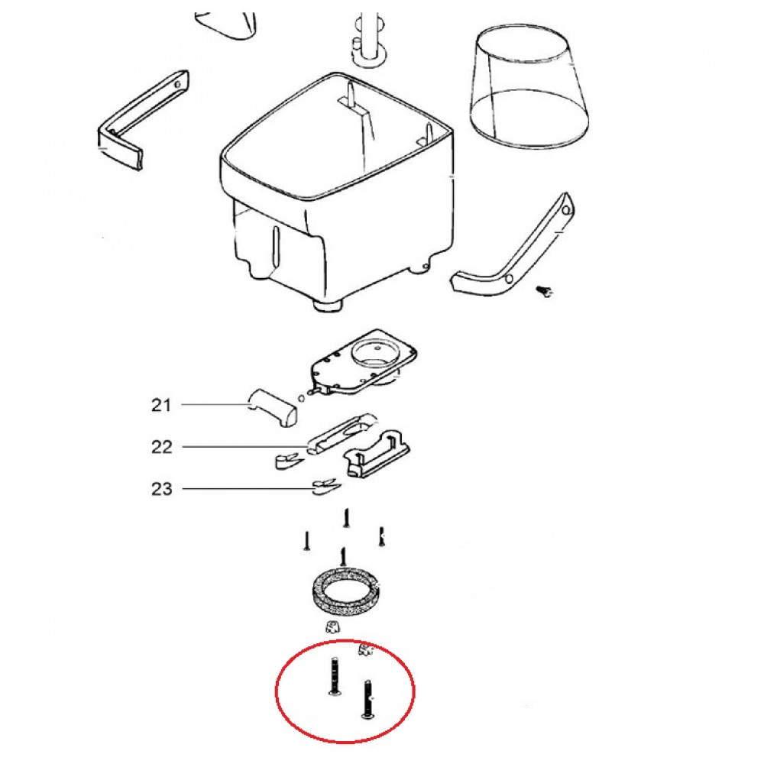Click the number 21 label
pyautogui.click(x=161, y=405)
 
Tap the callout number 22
pyautogui.click(x=162, y=447)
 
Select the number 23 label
pyautogui.click(x=162, y=489)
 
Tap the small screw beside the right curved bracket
pyautogui.click(x=545, y=290)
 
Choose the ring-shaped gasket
pyautogui.click(x=343, y=592)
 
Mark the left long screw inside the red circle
pyautogui.click(x=333, y=677)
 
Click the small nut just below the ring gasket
pyautogui.click(x=331, y=627)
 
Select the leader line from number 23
pyautogui.click(x=244, y=488)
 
